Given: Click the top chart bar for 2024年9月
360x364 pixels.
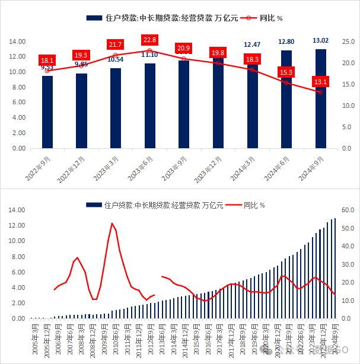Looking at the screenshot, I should coord(320,98).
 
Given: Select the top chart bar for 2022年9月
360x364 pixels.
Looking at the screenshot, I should coord(47,112).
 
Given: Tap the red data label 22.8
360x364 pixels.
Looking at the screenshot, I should coord(149,40).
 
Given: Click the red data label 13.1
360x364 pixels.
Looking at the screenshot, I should coord(320,82).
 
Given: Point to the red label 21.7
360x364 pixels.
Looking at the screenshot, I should coord(116,45).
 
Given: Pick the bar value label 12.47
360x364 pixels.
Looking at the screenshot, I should coord(252,44).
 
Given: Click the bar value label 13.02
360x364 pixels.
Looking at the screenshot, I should coord(320,40).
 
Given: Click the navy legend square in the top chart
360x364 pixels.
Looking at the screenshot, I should coord(93,18).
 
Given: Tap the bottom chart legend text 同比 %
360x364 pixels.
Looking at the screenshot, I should coord(254,205).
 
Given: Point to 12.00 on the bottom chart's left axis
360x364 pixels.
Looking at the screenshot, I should coord(17,226).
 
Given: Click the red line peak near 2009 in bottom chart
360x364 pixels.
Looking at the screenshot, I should coord(112,223).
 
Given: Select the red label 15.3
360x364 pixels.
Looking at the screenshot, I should coord(286,73).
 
